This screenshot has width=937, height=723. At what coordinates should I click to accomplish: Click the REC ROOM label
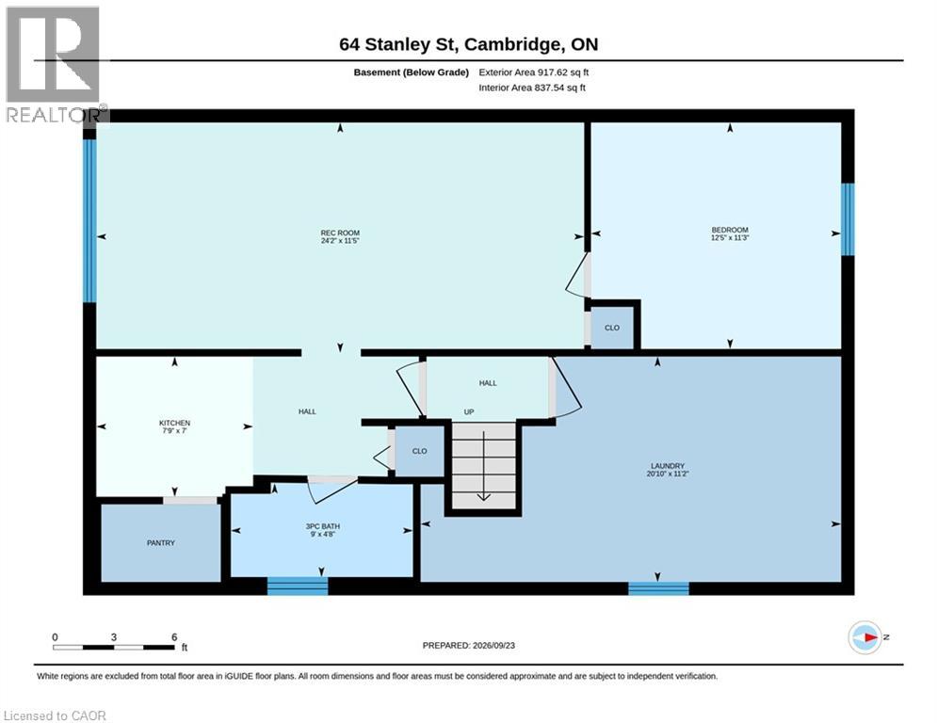click(340, 233)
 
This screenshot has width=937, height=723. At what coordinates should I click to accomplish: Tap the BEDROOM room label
click(730, 230)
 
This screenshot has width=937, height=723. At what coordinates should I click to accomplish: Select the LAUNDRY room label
click(668, 466)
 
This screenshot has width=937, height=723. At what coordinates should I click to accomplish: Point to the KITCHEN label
click(174, 423)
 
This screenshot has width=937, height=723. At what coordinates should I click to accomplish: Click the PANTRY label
click(161, 543)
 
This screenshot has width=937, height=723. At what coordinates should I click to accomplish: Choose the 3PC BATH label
click(323, 526)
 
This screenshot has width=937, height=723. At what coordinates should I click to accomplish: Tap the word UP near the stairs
click(469, 412)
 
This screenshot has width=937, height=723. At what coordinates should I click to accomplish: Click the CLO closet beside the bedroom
click(612, 328)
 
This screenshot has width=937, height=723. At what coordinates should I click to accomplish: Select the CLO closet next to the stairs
click(419, 452)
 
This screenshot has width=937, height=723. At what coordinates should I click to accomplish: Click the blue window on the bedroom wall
click(848, 219)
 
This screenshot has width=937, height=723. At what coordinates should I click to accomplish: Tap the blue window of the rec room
click(89, 221)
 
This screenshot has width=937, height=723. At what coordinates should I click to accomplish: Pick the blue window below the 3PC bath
click(298, 586)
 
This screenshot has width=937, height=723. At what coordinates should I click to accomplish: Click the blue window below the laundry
click(658, 588)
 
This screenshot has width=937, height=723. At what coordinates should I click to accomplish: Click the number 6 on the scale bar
click(174, 637)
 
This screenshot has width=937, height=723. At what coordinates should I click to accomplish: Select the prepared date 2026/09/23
click(493, 645)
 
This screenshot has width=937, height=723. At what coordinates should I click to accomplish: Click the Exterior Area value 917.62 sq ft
click(563, 72)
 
